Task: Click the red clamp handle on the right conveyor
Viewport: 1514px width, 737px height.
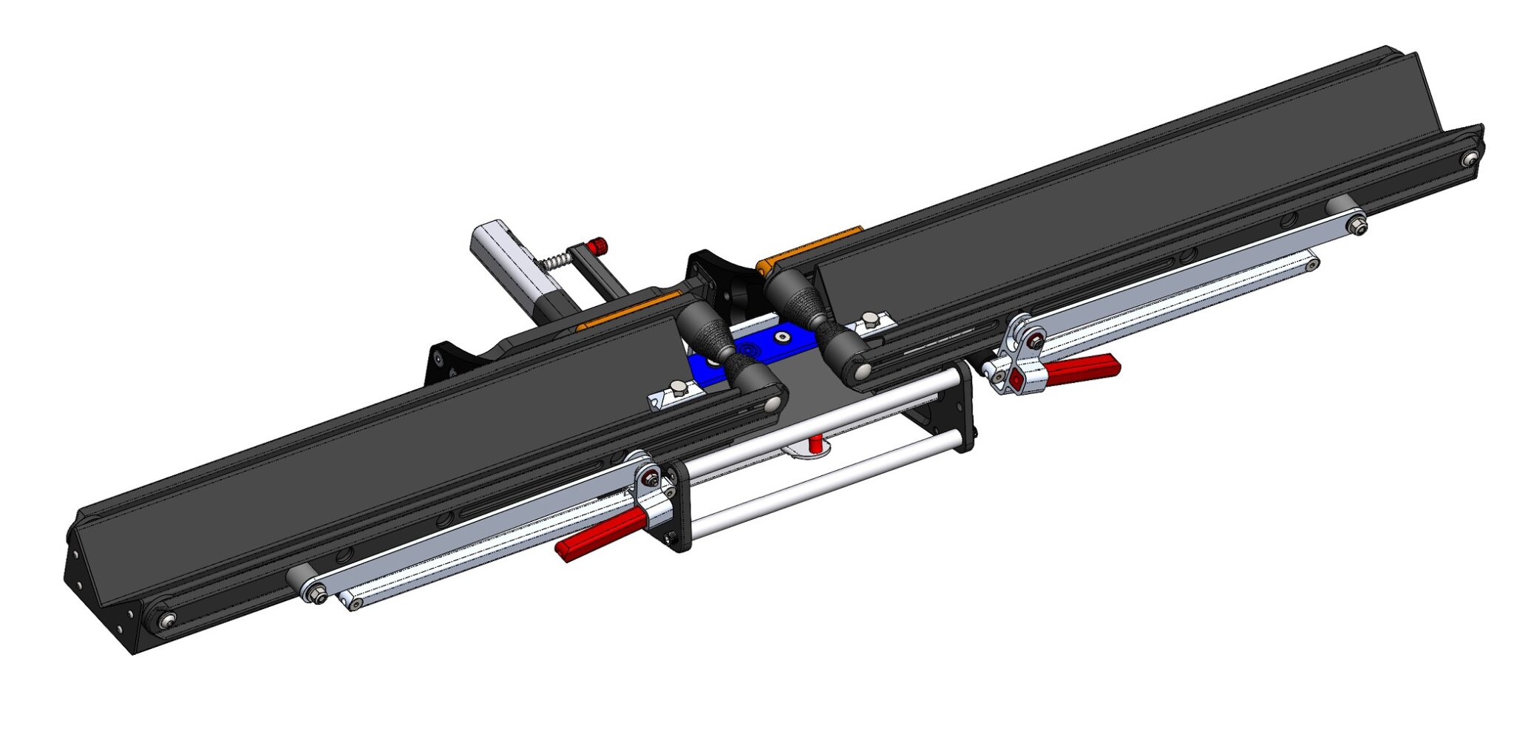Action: (1081, 370)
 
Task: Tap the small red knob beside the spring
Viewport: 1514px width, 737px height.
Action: (596, 245)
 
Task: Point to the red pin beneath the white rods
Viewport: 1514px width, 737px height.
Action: (815, 444)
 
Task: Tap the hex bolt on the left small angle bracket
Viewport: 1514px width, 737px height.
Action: (679, 388)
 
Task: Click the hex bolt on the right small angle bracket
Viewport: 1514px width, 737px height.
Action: (869, 319)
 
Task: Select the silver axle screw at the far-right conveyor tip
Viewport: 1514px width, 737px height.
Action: (1470, 158)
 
